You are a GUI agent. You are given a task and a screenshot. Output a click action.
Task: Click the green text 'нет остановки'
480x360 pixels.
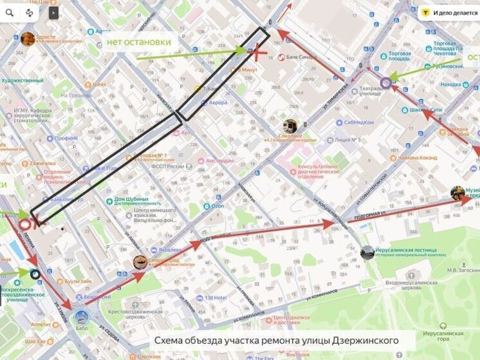pyautogui.click(x=138, y=42)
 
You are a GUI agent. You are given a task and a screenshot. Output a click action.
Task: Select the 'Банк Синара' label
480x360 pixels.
pyautogui.click(x=299, y=57)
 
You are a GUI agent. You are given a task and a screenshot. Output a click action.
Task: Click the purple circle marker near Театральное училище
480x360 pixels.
pyautogui.click(x=385, y=82)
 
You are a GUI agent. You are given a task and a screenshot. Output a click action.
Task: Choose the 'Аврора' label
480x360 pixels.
pyautogui.click(x=217, y=102)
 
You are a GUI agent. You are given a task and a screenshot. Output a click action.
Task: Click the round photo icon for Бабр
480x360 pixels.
pyautogui.click(x=82, y=317)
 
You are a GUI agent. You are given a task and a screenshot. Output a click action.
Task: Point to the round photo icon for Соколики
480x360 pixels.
pyautogui.click(x=290, y=126)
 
